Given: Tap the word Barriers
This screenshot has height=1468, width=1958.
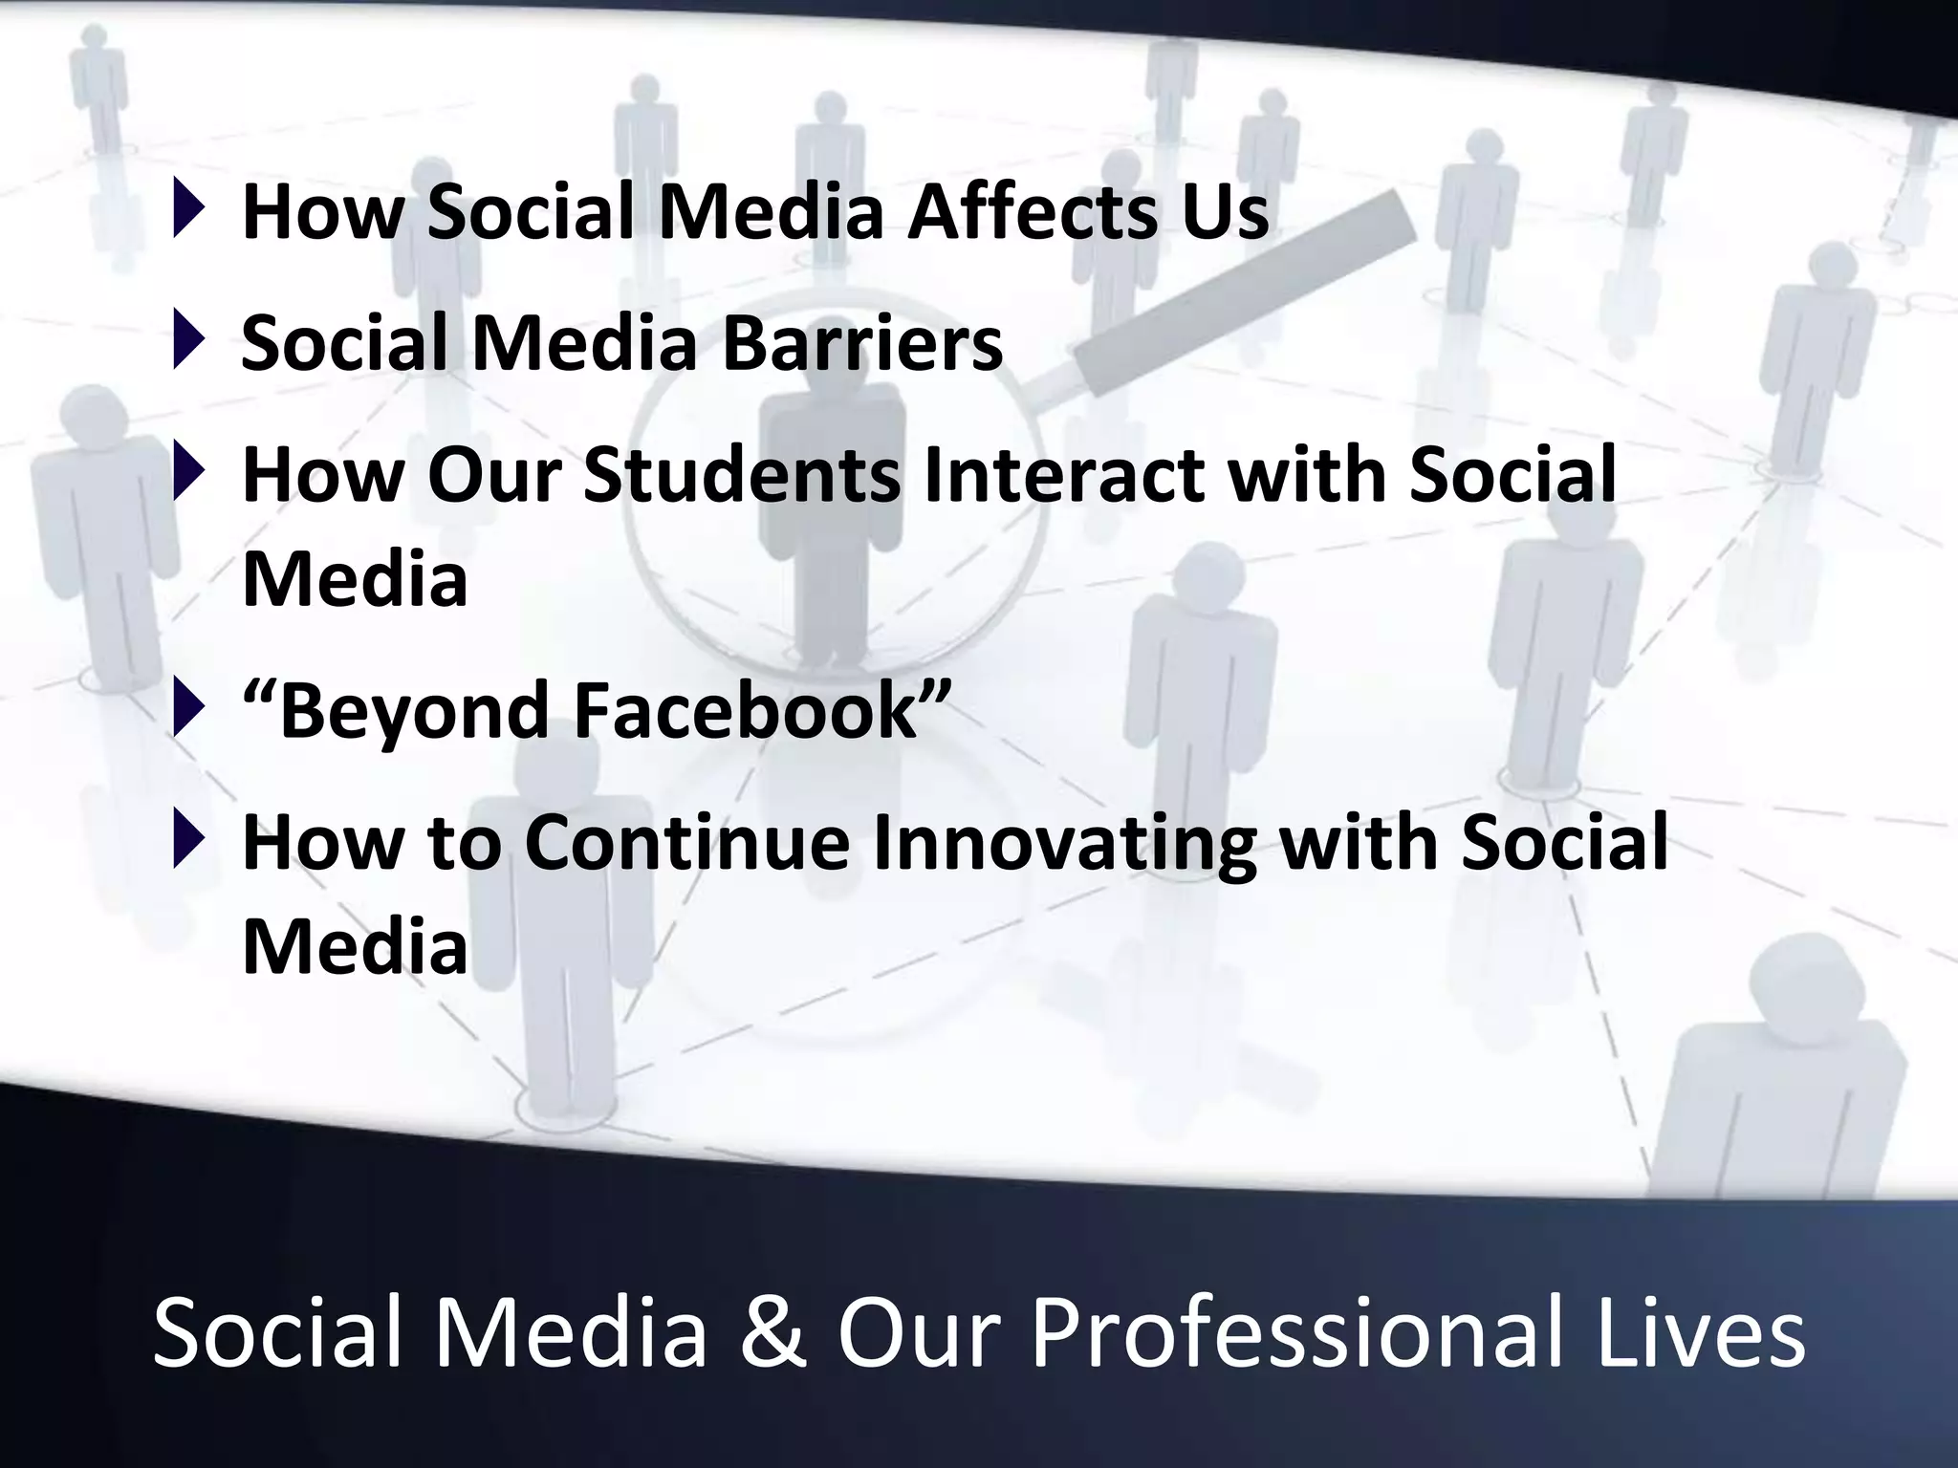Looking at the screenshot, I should [x=861, y=344].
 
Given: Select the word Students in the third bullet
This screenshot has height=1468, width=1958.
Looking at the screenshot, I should [x=741, y=475].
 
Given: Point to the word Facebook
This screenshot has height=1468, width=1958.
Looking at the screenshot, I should [x=745, y=711].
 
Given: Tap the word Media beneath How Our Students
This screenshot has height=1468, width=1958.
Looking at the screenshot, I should [x=355, y=579].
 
